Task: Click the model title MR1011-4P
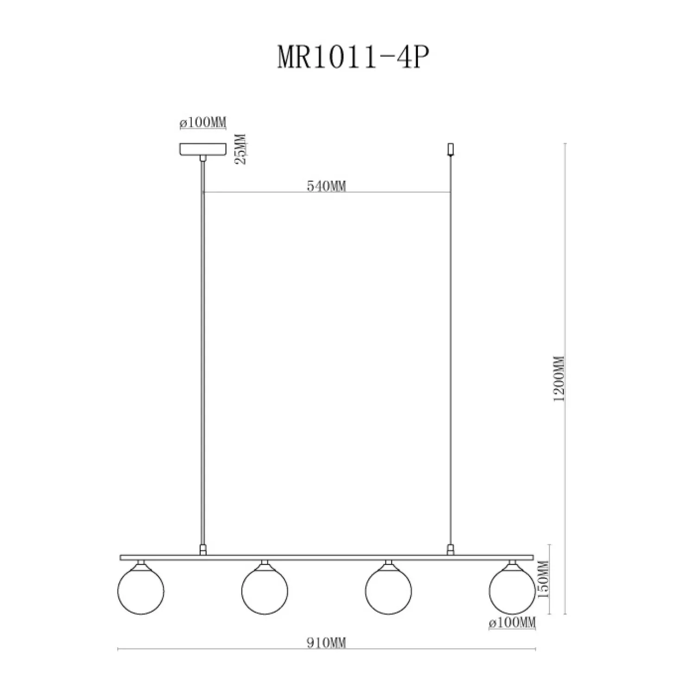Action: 351,58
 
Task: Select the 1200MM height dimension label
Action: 560,378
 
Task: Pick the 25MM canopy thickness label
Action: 241,149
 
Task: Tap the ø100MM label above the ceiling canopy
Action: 202,123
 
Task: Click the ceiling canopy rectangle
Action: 202,149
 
